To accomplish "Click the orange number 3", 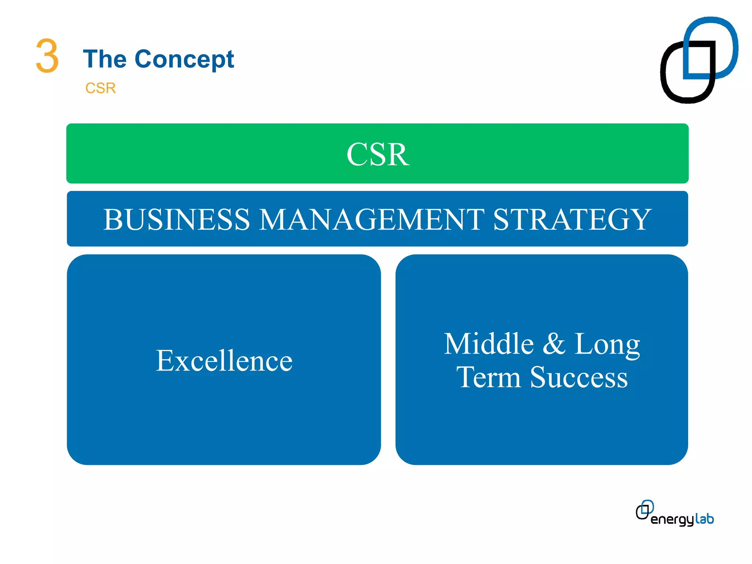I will tap(47, 56).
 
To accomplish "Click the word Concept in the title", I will tap(184, 59).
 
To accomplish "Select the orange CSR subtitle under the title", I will tap(100, 88).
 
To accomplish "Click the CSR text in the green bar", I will tap(377, 154).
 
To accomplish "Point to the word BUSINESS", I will tap(176, 220).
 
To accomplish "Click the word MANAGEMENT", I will tap(372, 220).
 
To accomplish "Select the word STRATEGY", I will tap(572, 220).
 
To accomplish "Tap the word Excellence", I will tap(224, 361).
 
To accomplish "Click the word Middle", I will tap(488, 344).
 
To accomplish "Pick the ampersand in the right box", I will tap(554, 344).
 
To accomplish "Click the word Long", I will tap(607, 344).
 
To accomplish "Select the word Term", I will tap(488, 377).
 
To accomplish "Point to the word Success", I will tap(579, 377).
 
